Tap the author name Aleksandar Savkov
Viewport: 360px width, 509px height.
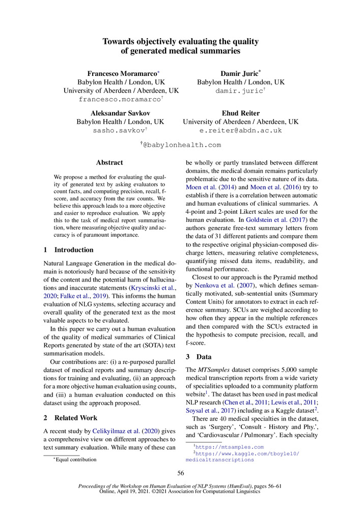click(120, 113)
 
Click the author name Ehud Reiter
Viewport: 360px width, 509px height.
click(240, 113)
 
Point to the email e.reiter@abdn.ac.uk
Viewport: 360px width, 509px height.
click(240, 130)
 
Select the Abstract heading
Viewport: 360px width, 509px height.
click(109, 162)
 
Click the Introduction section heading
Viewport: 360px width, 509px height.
click(74, 250)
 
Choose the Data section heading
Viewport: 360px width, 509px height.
click(204, 356)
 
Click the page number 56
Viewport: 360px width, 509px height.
click(180, 473)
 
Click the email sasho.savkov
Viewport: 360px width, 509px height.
click(118, 130)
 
